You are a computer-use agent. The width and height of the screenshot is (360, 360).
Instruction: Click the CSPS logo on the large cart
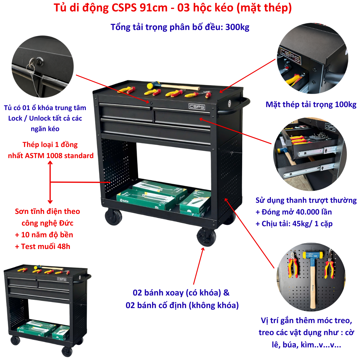pyautogui.click(x=197, y=106)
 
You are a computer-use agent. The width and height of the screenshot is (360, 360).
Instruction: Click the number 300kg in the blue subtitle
pyautogui.click(x=237, y=27)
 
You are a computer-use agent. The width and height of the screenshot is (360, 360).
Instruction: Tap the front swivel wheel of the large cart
pyautogui.click(x=206, y=237)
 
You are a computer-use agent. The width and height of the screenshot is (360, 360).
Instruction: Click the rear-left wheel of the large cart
pyautogui.click(x=113, y=217)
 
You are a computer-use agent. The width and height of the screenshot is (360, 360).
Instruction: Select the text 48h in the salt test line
pyautogui.click(x=64, y=247)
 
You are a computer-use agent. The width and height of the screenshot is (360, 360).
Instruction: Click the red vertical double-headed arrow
pyautogui.click(x=50, y=182)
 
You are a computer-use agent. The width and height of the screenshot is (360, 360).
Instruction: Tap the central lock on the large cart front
pyautogui.click(x=151, y=103)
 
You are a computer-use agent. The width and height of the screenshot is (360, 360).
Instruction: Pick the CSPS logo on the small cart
pyautogui.click(x=62, y=279)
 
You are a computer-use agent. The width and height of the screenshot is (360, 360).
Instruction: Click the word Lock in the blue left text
pyautogui.click(x=15, y=118)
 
